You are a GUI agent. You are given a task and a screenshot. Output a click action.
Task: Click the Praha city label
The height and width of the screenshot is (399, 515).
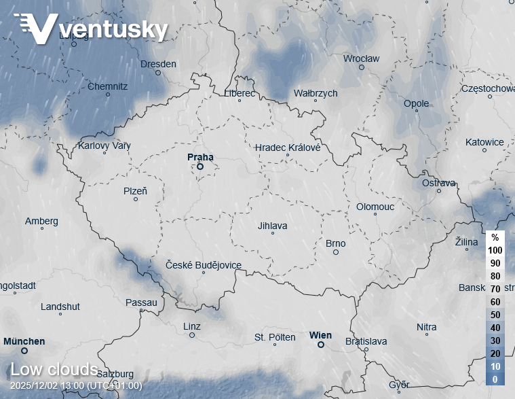[x=200, y=156]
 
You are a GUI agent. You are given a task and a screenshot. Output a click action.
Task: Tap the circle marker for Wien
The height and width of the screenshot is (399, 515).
[x=321, y=345]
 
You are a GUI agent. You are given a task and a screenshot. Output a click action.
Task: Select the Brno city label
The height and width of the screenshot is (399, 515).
[x=335, y=243]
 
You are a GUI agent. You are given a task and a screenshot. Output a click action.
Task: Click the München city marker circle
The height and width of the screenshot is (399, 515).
[x=24, y=351]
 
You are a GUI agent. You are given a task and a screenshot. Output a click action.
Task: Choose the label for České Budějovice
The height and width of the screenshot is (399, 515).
[x=204, y=266]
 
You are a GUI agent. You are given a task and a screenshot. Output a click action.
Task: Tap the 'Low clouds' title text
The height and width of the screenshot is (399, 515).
[x=54, y=370]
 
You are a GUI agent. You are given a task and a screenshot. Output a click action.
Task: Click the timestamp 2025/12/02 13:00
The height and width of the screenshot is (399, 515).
[x=76, y=386]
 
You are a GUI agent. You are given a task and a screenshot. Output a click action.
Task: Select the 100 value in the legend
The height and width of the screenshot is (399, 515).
[x=495, y=250]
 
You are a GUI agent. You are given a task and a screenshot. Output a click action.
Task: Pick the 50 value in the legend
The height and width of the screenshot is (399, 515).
[x=495, y=315]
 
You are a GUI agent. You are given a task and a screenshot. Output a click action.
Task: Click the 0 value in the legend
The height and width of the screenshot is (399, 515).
[x=495, y=379]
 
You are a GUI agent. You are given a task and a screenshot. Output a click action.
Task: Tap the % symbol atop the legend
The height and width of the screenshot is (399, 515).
[x=495, y=237]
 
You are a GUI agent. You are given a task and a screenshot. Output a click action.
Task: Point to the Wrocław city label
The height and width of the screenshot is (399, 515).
[x=361, y=58]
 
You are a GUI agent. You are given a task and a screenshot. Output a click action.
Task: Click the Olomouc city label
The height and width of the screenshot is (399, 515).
[x=375, y=207]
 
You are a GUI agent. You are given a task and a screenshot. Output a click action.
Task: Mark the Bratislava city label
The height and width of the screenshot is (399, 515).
[x=366, y=341]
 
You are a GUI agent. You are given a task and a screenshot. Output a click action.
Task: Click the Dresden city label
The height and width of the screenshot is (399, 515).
[x=158, y=64]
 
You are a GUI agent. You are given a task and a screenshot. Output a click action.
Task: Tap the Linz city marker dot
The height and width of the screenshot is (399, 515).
[x=192, y=335]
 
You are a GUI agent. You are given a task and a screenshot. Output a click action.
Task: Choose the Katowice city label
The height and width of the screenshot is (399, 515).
[x=484, y=142]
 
